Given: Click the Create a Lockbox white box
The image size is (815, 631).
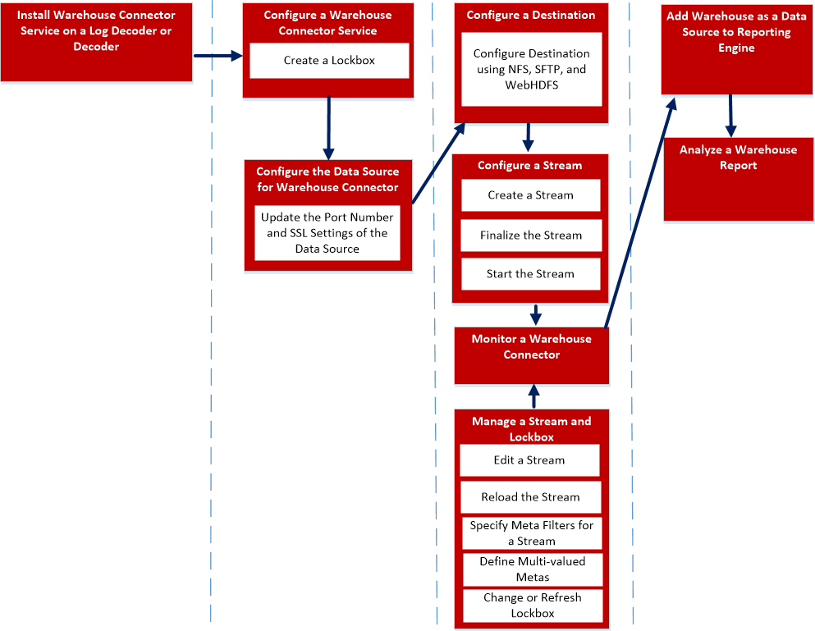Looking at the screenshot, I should (329, 61).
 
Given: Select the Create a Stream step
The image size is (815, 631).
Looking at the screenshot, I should (530, 195).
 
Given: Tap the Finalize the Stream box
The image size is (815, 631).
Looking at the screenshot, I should (530, 235).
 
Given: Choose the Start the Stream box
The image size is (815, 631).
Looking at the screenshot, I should (530, 274).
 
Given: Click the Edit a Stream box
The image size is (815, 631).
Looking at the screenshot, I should (529, 460).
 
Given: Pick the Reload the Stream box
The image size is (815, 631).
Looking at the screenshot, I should (530, 497).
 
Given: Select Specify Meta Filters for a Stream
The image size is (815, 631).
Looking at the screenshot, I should (531, 533).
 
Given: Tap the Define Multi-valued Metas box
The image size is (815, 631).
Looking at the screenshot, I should (531, 569).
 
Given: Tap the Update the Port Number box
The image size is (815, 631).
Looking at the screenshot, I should (327, 233).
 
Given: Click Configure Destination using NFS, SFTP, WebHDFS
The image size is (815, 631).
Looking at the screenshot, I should (531, 70).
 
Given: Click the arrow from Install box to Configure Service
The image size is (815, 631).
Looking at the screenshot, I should (218, 56).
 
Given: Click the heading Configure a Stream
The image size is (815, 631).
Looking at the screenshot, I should (529, 166).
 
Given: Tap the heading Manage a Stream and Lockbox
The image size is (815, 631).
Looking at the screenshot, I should (531, 428).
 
